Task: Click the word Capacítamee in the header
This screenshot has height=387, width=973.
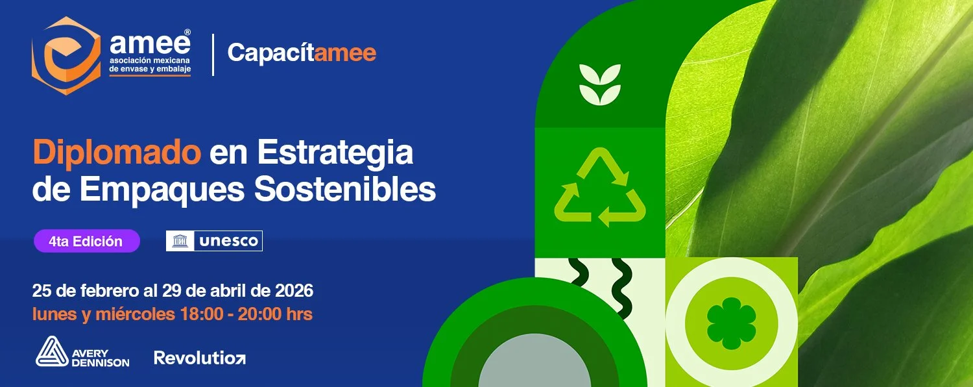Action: point(302,53)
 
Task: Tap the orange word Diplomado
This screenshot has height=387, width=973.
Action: point(117,154)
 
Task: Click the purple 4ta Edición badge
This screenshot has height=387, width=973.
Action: point(86,241)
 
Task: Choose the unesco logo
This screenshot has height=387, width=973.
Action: point(214,241)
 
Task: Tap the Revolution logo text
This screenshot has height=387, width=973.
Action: point(199,357)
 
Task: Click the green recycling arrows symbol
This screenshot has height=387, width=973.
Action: point(600,189)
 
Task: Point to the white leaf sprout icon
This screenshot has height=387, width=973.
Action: point(600,85)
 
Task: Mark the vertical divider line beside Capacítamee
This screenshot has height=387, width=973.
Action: point(213,55)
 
